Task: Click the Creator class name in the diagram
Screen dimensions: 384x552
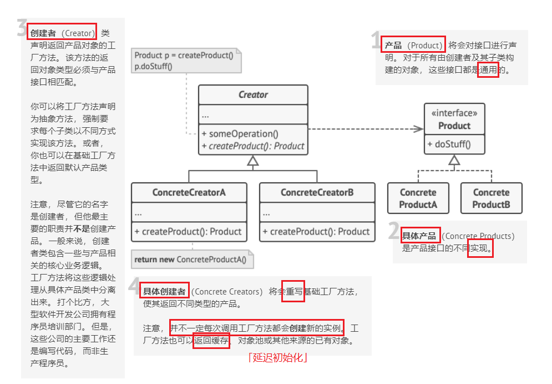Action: coord(253,94)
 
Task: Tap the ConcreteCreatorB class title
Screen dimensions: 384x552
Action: coord(317,193)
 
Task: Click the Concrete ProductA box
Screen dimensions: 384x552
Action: coord(418,198)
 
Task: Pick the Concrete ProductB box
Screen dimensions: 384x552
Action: coord(491,198)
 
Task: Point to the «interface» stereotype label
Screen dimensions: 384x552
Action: coord(454,113)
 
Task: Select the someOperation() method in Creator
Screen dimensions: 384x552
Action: coord(240,134)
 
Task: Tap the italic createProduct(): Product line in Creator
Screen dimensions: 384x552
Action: coord(253,146)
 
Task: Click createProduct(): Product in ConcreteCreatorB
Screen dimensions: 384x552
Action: coord(316,232)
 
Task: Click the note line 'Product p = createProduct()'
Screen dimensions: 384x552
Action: coord(184,56)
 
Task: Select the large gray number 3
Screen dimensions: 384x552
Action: coord(22,28)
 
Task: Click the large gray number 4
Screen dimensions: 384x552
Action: coord(134,286)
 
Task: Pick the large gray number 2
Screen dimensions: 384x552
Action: coord(394,231)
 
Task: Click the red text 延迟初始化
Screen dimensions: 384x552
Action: coord(278,357)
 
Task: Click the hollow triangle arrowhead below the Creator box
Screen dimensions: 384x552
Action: coord(253,161)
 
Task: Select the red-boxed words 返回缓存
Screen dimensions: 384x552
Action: coord(211,341)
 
